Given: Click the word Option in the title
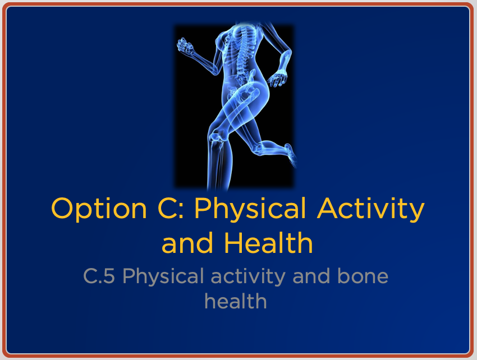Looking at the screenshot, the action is click(99, 210).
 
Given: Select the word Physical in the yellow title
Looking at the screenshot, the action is click(250, 210).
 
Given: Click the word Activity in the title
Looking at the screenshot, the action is click(370, 210).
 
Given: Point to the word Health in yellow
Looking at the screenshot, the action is click(269, 242).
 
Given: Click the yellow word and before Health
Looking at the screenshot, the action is click(187, 242).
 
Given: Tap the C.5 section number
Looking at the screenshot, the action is click(99, 276).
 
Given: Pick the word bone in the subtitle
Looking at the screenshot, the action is click(363, 276).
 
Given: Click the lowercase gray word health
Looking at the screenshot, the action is click(236, 301).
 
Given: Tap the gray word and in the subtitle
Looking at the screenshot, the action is click(311, 276).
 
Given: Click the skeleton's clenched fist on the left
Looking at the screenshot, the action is click(185, 45).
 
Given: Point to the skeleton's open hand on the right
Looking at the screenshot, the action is click(277, 79).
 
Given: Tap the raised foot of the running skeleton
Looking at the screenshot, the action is click(290, 155).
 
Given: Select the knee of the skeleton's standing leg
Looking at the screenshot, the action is click(218, 136).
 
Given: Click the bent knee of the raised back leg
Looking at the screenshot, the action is click(257, 147).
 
